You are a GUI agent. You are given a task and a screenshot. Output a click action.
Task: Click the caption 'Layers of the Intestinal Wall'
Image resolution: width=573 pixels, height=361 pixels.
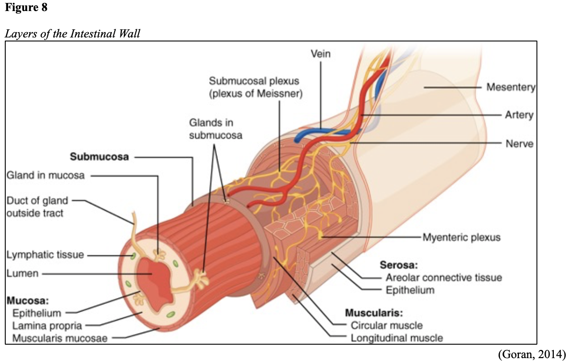72,34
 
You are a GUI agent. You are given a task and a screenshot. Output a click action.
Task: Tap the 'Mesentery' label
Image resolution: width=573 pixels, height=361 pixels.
511,87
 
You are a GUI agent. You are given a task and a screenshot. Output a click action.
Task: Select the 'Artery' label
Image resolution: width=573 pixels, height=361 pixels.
519,115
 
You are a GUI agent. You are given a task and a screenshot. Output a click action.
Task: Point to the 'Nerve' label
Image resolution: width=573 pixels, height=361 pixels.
519,144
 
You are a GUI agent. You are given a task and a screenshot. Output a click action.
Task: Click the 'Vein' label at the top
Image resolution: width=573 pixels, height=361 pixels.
321,54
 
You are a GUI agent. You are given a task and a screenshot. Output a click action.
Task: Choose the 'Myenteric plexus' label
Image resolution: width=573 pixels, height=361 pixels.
461,237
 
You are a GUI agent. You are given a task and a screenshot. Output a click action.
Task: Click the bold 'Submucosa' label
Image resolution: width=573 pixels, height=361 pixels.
99,156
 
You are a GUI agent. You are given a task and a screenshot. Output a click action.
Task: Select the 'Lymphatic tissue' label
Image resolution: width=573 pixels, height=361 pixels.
45,254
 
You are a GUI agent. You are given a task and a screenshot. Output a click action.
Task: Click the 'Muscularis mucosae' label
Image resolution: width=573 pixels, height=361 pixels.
60,338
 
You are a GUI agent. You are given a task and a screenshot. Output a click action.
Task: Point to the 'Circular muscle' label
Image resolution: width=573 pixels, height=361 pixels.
386,325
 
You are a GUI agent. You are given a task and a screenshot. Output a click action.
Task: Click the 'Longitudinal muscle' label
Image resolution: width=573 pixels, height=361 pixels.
396,338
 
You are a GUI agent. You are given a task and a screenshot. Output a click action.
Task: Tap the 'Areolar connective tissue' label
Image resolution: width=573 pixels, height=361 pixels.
443,277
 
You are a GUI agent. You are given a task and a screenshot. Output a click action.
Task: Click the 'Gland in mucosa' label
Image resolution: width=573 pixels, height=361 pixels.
46,175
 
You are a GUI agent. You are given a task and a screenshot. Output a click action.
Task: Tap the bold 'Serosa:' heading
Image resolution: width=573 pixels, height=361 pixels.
399,265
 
